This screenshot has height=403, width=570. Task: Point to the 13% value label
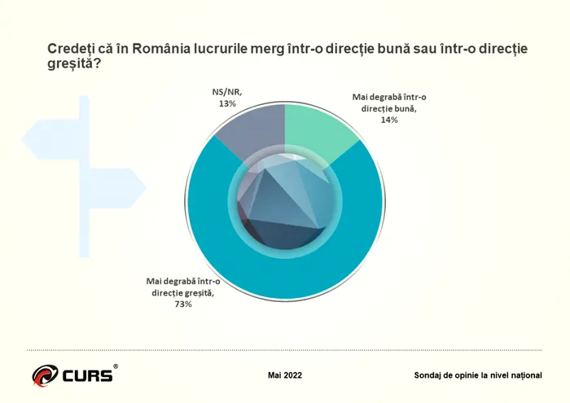[226, 104]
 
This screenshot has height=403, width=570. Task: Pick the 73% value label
[182, 304]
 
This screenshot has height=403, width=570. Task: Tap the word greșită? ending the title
[68, 64]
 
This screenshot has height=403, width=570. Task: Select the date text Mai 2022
[285, 375]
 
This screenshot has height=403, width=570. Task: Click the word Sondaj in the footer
[431, 375]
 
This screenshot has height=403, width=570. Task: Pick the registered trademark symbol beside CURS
[116, 367]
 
